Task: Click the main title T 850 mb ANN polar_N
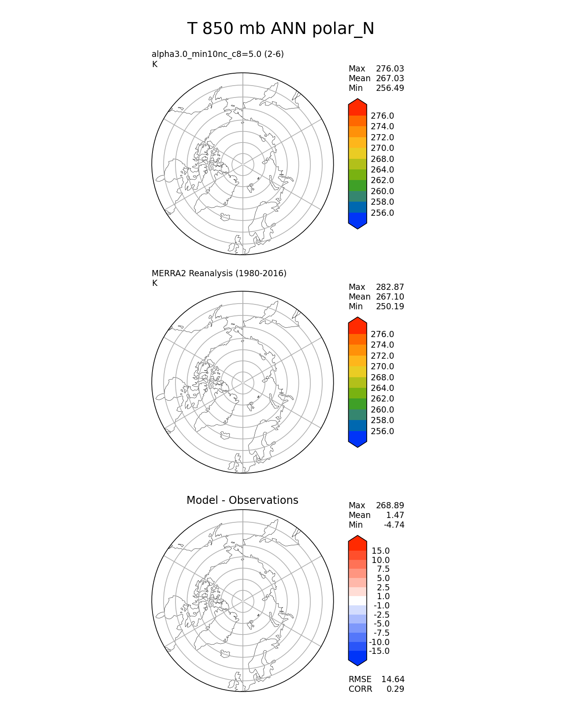(280, 29)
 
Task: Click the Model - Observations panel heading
(242, 500)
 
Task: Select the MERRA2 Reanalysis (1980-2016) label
(219, 274)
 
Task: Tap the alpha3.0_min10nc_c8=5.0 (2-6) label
(217, 54)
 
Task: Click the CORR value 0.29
(395, 689)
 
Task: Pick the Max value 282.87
(390, 287)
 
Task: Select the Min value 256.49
(390, 88)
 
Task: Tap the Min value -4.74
(394, 525)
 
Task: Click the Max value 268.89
(390, 506)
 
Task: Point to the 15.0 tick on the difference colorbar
(380, 551)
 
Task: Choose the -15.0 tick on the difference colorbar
(379, 651)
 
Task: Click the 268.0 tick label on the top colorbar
(382, 159)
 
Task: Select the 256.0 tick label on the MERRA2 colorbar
(382, 432)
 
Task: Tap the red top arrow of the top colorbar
(357, 106)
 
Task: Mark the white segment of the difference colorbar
(357, 601)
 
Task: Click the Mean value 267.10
(390, 297)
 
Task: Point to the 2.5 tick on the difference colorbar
(383, 588)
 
